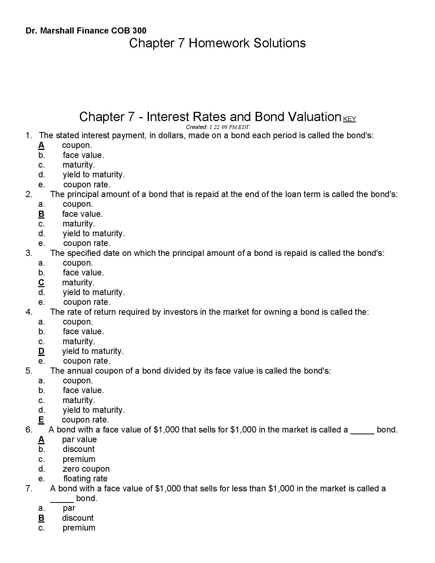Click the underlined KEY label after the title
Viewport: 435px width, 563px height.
350,119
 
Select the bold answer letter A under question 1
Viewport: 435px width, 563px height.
41,145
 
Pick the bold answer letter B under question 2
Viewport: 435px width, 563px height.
41,214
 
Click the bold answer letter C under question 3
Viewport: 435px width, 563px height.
41,283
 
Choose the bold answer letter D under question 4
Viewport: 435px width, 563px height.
41,351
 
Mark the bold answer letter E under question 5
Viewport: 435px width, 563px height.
41,420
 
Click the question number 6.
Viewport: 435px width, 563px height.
29,430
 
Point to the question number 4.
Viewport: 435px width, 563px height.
29,312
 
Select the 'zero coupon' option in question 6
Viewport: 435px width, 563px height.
86,469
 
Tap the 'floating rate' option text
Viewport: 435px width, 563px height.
85,479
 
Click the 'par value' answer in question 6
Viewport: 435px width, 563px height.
79,439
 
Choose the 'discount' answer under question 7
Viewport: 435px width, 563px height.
78,518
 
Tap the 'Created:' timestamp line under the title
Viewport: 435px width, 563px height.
217,127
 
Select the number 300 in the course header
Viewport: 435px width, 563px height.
139,31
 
